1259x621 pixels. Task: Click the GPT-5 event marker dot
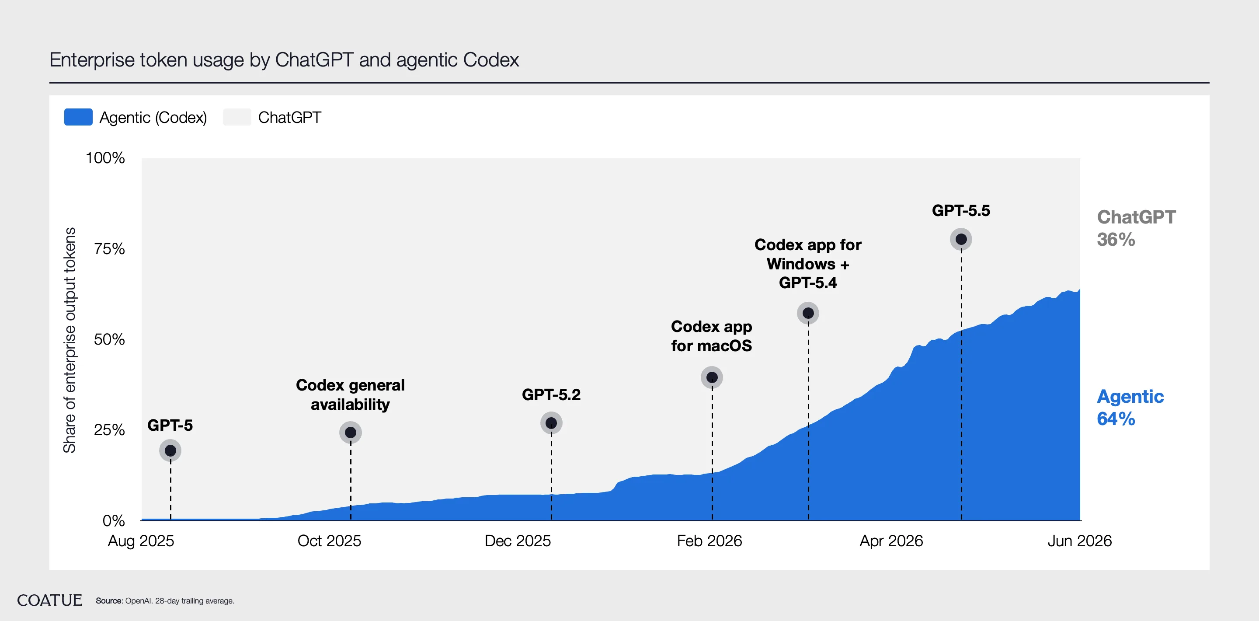tap(170, 450)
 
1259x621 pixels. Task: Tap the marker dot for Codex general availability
tap(351, 432)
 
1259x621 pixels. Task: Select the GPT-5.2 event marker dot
tap(551, 423)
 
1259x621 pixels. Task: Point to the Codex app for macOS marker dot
tap(712, 377)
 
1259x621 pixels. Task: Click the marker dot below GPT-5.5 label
tap(961, 239)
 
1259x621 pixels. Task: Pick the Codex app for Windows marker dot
tap(808, 313)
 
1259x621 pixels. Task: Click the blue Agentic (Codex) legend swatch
tap(78, 117)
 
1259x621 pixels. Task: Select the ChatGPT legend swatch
tap(237, 117)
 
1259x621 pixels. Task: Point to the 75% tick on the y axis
tap(109, 249)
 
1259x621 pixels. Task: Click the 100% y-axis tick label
tap(105, 158)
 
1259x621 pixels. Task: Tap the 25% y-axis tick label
tap(109, 430)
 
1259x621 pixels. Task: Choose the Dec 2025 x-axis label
tap(518, 541)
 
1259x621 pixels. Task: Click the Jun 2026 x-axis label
tap(1080, 541)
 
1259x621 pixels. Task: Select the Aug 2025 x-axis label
tap(141, 541)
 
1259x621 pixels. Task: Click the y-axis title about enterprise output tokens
tap(70, 340)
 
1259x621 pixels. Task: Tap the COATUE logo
tap(49, 600)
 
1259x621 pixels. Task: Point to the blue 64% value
tap(1116, 419)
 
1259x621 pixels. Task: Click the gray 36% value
tap(1116, 240)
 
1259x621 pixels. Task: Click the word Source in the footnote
tap(108, 601)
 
